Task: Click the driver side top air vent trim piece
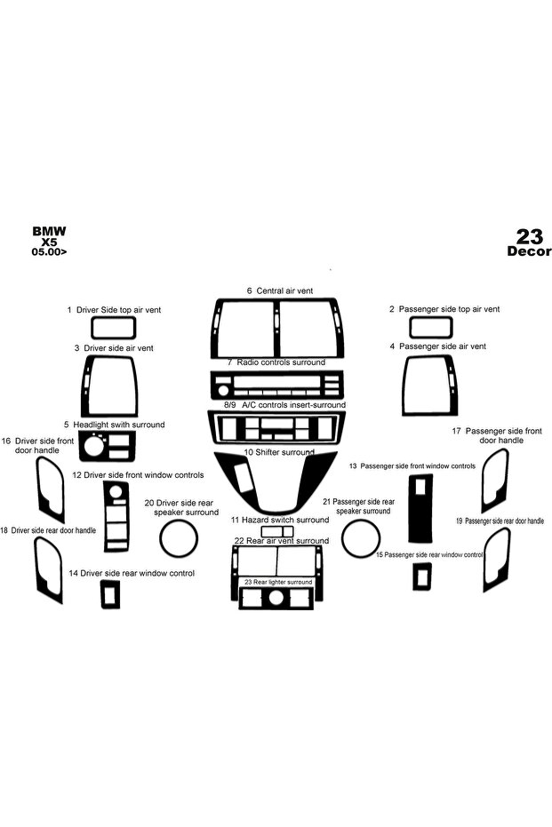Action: pos(92,328)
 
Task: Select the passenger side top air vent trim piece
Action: pos(410,327)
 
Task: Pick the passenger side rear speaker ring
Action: pos(342,538)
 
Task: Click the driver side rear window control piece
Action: pos(103,594)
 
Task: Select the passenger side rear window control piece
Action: pos(414,577)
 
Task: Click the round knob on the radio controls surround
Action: pos(223,391)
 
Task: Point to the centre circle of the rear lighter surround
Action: pos(276,598)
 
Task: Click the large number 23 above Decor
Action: pos(529,236)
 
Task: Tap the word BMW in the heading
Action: pos(50,231)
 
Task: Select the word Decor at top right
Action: pos(529,251)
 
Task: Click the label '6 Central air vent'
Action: pos(280,290)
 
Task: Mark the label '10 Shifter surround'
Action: pos(278,452)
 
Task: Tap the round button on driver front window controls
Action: pos(116,492)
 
